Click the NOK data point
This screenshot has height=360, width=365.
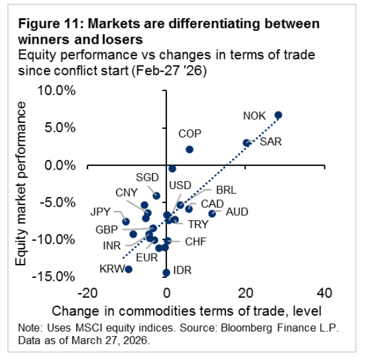click(278, 115)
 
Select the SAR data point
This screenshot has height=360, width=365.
click(247, 143)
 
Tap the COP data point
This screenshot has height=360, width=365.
click(189, 149)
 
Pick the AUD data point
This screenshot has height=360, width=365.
click(212, 213)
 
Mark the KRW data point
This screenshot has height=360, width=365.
click(128, 269)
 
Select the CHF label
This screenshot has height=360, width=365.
click(196, 242)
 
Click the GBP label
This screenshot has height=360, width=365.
click(107, 230)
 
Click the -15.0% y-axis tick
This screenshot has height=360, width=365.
click(56, 277)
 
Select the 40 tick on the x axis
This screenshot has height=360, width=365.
click(324, 293)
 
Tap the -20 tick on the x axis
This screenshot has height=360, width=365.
click(87, 293)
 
